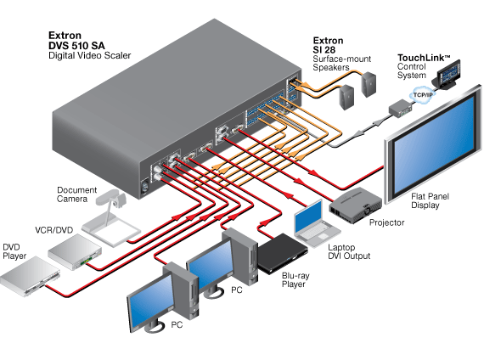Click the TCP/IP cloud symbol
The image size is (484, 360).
(x=423, y=95)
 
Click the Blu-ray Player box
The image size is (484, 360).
(x=282, y=253)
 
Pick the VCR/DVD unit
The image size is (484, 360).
(x=75, y=251)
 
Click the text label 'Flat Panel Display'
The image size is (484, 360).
(x=430, y=200)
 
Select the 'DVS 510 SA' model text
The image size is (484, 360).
(x=76, y=46)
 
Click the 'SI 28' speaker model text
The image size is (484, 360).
(x=324, y=50)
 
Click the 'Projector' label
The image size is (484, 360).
(x=386, y=222)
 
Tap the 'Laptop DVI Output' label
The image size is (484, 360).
(x=349, y=251)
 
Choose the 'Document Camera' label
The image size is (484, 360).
(x=77, y=194)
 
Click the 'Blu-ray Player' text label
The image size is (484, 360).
(x=295, y=279)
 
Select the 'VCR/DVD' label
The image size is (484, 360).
(x=54, y=230)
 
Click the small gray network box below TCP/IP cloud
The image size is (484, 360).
(x=400, y=109)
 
